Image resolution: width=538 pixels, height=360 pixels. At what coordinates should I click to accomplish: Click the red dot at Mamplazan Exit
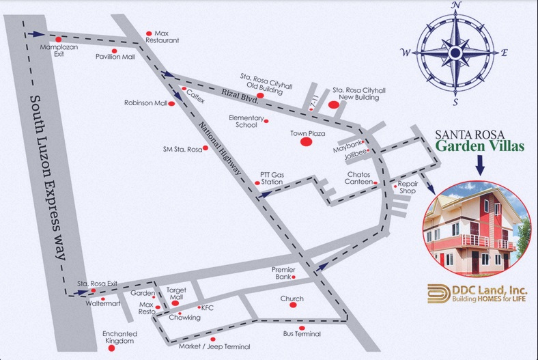point(58,39)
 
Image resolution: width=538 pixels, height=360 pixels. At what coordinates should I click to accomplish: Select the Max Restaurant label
point(167,37)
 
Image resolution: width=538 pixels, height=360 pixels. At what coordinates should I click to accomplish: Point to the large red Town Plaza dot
point(307,141)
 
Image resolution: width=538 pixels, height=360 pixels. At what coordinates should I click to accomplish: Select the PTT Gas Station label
point(271,178)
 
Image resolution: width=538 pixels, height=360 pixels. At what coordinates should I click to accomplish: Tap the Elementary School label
point(246,121)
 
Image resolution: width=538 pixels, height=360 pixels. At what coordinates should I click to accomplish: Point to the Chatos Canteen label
point(358,178)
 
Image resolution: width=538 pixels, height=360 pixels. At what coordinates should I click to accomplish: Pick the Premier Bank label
point(283,273)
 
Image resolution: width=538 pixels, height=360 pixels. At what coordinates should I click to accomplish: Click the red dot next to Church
point(293,305)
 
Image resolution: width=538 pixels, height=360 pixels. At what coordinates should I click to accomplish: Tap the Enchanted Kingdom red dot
point(111,348)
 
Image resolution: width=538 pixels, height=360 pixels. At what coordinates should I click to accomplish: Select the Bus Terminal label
point(302,334)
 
